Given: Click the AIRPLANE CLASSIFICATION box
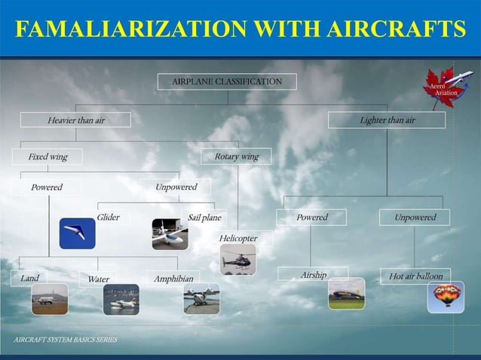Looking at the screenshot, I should (x=227, y=81).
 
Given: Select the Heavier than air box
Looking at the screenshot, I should (x=75, y=120).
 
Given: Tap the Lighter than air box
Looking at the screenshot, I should (x=387, y=120).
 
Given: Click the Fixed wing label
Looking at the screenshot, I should (x=47, y=157).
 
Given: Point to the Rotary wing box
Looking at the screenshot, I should (x=236, y=157).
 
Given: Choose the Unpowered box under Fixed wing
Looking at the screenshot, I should (x=176, y=187).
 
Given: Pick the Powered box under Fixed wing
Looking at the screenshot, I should (x=47, y=187).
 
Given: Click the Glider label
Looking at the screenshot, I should (x=108, y=218).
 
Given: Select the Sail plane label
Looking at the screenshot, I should (x=204, y=218).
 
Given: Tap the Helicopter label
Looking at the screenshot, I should (x=238, y=239).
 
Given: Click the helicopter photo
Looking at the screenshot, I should (x=238, y=260).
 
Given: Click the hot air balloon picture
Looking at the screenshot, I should (x=446, y=297).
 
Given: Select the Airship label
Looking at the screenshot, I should (x=313, y=275).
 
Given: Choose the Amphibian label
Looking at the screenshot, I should (x=173, y=279).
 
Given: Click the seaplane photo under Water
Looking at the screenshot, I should (x=121, y=299).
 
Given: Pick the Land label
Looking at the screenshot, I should (x=30, y=278).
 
